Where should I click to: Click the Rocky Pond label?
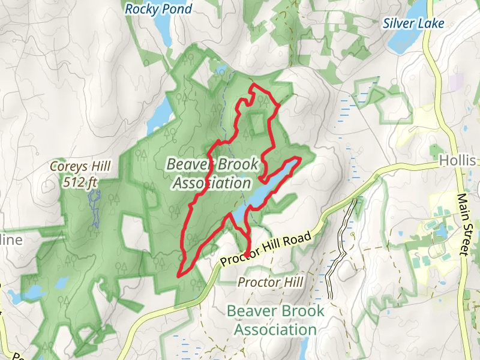pos(158,9)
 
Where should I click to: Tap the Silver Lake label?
pos(414,23)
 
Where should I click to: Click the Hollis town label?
pos(457,161)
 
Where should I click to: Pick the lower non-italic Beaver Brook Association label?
pos(275,320)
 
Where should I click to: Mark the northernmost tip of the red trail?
pos(253,85)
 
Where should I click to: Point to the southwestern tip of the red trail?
pos(178,276)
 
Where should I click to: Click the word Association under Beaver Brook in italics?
pos(211,182)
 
